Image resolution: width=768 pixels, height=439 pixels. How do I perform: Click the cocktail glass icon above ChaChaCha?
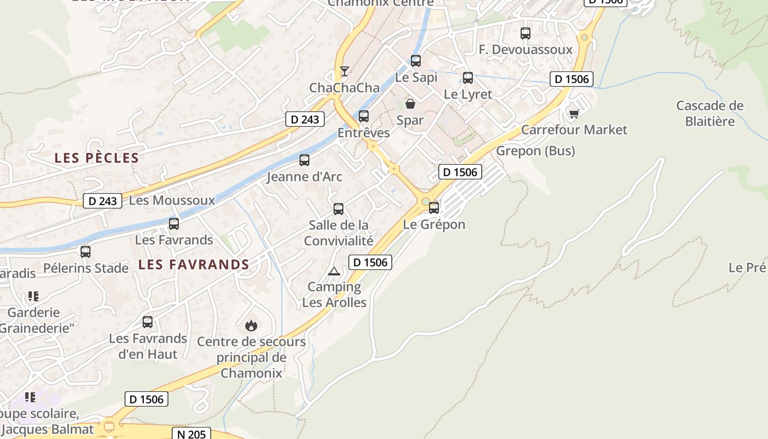[344, 71]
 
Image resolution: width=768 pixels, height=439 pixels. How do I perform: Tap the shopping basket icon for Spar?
[410, 104]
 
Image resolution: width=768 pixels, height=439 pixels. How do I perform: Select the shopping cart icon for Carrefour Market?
[574, 114]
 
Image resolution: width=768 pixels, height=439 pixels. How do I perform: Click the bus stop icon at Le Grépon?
[434, 208]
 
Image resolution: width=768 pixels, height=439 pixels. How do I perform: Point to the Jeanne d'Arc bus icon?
[304, 160]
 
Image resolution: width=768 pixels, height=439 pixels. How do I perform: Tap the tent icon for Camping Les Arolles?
[334, 271]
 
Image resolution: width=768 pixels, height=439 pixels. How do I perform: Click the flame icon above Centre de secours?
[251, 325]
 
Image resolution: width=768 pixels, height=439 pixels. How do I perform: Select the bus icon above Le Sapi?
[416, 61]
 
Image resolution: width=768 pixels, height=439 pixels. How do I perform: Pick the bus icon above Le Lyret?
[468, 78]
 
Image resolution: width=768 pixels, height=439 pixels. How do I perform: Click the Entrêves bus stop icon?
[364, 116]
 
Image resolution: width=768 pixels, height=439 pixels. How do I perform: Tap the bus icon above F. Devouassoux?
[526, 33]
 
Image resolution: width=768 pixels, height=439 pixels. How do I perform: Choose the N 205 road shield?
[191, 434]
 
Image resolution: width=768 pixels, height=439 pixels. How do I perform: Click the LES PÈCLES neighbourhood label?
[97, 158]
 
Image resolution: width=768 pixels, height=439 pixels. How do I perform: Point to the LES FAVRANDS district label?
[194, 264]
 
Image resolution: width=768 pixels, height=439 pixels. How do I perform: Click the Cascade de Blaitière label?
[709, 113]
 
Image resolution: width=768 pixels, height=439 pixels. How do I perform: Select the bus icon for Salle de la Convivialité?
[338, 209]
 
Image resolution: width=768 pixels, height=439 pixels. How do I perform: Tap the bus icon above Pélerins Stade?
[86, 252]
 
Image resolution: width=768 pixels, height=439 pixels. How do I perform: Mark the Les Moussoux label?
[172, 200]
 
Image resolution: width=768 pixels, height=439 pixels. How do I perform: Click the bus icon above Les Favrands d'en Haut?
[148, 322]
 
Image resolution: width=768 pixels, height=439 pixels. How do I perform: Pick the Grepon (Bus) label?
[535, 151]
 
